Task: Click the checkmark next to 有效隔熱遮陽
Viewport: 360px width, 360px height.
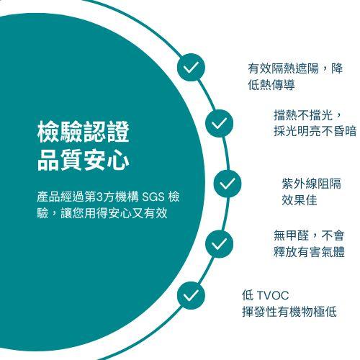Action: click(191, 67)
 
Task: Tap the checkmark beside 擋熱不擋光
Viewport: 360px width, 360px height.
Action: click(219, 123)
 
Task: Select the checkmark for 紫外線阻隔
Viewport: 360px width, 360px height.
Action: click(228, 184)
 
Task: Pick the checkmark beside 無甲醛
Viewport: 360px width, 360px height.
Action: click(219, 244)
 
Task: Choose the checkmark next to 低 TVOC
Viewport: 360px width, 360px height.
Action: click(191, 295)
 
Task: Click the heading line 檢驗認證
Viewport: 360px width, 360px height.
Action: click(84, 132)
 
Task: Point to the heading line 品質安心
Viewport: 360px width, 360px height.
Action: click(84, 160)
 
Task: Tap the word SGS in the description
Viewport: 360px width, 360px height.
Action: click(153, 197)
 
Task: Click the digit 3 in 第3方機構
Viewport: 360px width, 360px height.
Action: click(99, 197)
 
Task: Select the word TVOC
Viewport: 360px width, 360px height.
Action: click(273, 295)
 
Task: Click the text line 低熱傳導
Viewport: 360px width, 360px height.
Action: click(271, 85)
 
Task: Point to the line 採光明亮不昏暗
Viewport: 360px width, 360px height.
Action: click(315, 131)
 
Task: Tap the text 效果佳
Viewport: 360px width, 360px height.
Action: click(300, 200)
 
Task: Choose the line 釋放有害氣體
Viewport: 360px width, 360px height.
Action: click(309, 252)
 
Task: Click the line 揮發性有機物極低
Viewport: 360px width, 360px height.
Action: click(289, 312)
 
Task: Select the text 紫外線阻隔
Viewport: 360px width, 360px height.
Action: click(311, 184)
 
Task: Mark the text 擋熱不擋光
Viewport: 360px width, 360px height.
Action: click(303, 114)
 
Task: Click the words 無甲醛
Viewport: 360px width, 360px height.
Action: click(292, 235)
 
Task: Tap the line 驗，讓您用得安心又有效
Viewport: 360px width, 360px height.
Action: click(102, 213)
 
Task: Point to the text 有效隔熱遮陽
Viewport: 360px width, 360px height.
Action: click(283, 68)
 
